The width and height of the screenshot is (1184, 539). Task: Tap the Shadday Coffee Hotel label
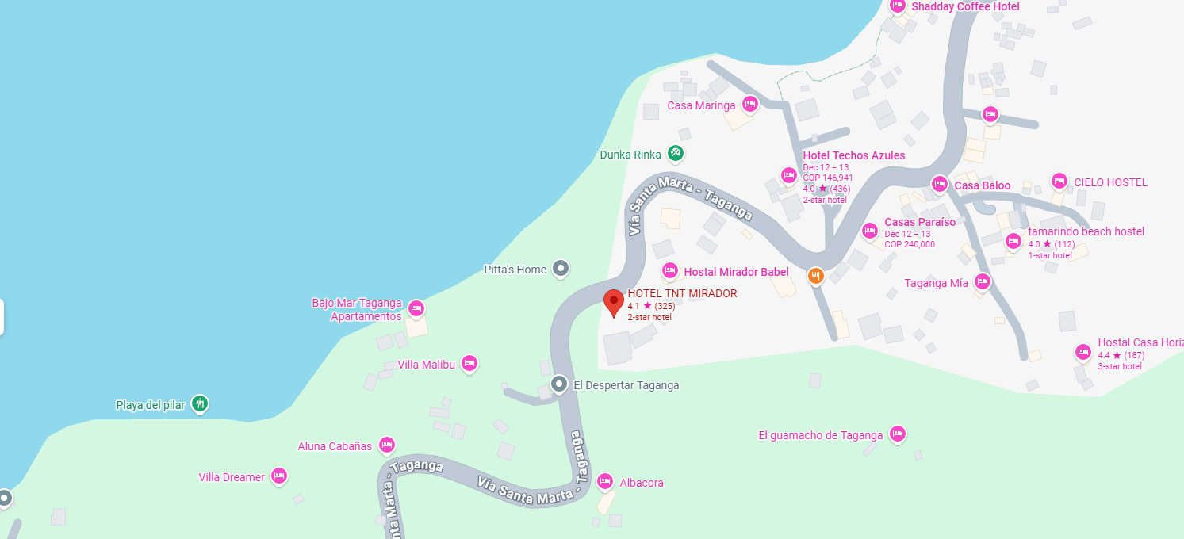click(x=965, y=6)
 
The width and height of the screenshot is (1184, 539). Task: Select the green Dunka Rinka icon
click(x=675, y=153)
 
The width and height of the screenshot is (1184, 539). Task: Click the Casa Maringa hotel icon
click(x=750, y=104)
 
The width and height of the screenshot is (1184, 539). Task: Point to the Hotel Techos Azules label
click(x=853, y=155)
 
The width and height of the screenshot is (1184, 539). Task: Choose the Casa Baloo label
click(x=982, y=185)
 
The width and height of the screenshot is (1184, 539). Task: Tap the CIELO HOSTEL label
click(x=1110, y=182)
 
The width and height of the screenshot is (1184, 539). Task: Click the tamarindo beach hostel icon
click(x=1013, y=241)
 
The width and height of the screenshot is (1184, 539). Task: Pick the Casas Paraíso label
click(x=920, y=222)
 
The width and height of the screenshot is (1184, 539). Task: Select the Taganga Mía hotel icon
click(x=983, y=281)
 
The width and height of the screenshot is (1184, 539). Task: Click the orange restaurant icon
click(x=815, y=276)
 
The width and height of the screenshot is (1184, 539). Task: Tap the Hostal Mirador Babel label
click(x=736, y=272)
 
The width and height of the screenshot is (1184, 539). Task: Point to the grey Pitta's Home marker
click(x=561, y=269)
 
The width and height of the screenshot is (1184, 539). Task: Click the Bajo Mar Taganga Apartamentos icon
click(x=416, y=308)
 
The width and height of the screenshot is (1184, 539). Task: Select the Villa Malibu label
click(x=427, y=365)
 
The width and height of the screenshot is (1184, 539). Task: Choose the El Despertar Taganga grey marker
click(x=559, y=385)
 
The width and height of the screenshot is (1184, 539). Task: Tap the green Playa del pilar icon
click(x=200, y=404)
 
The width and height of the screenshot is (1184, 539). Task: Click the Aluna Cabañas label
click(x=335, y=446)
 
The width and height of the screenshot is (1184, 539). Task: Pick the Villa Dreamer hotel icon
click(x=278, y=476)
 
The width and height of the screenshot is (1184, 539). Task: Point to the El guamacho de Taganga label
click(x=820, y=435)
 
